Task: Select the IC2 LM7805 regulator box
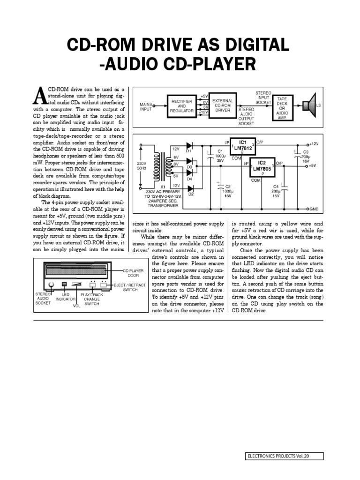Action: (x=263, y=168)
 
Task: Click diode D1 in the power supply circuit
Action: (x=190, y=146)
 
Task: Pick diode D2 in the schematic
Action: (x=191, y=187)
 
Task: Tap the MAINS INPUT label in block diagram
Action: (x=146, y=106)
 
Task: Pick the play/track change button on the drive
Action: (x=92, y=284)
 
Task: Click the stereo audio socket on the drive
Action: (x=51, y=285)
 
